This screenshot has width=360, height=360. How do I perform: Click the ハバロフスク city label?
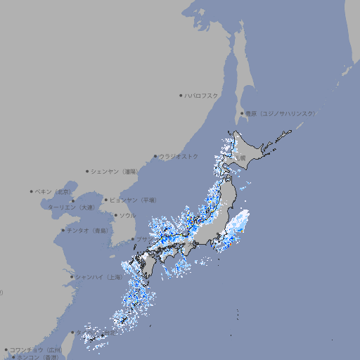pos(202,95)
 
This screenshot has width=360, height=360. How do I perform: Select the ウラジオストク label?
pos(179,156)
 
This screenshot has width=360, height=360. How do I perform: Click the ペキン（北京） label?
pos(53,191)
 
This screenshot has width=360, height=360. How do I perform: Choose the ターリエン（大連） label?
pos(71,207)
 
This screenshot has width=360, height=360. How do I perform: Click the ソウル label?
pos(127,215)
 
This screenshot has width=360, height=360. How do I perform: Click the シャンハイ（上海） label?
pos(98,277)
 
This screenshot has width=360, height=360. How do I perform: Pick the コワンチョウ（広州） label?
pos(35,349)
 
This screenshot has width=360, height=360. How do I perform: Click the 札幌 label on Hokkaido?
pos(242,158)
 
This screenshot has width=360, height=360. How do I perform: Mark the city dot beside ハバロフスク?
pos(181,95)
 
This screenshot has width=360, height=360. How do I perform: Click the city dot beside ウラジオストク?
pos(155,156)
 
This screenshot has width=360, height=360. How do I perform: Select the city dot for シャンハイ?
pos(71,277)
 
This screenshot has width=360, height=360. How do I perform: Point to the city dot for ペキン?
pos(32,191)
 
